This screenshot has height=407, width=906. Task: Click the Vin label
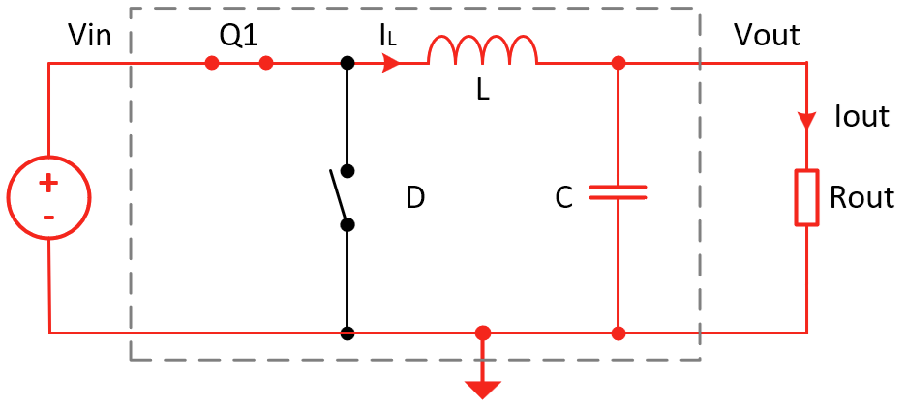coord(90,37)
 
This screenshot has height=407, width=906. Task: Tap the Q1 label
coord(238,36)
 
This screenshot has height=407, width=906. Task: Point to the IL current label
coord(387,37)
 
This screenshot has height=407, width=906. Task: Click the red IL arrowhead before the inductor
coord(391,64)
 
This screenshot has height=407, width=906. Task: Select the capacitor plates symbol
coord(618,192)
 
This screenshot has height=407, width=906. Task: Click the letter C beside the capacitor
coord(564,198)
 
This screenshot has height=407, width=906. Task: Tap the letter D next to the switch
coord(415,198)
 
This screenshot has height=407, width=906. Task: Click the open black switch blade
coord(339,197)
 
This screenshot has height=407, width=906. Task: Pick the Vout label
coord(767,36)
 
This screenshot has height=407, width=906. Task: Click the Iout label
coord(861,117)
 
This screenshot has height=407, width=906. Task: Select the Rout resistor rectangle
coord(806,198)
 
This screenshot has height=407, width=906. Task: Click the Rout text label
coord(861,198)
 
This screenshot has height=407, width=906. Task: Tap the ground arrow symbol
coord(483,387)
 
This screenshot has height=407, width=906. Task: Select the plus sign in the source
coord(48,183)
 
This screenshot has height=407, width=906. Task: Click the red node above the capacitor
coord(618,64)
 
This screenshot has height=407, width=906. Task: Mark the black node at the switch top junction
coord(347,64)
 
